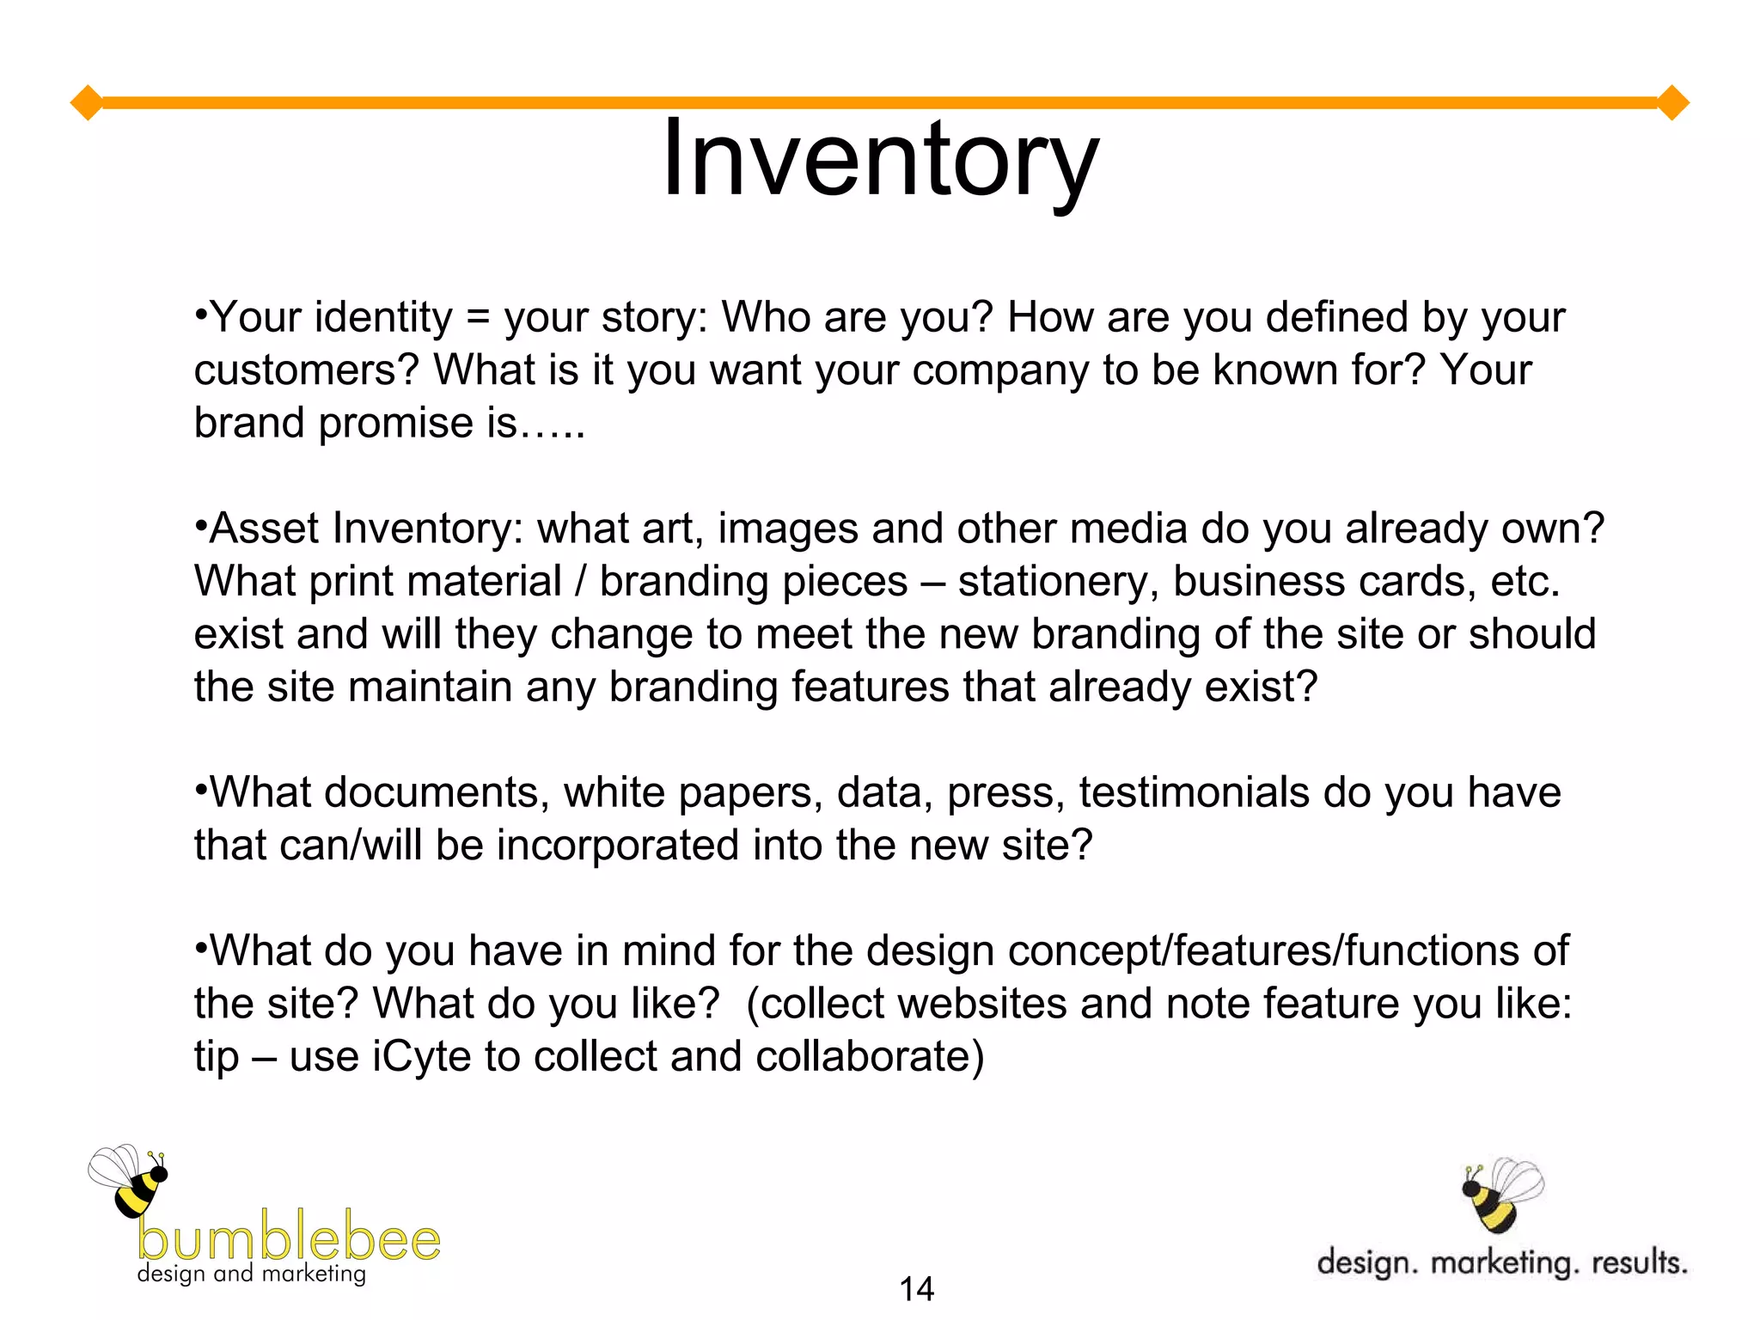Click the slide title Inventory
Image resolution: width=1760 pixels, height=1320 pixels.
click(x=880, y=161)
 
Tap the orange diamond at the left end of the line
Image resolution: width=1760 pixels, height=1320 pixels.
click(x=87, y=103)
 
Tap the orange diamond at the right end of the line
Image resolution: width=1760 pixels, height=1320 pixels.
click(x=1672, y=103)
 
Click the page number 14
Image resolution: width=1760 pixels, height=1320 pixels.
click(x=916, y=1289)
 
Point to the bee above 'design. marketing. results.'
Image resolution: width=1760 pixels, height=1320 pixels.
click(x=1500, y=1195)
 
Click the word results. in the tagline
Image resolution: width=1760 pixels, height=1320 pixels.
click(x=1640, y=1262)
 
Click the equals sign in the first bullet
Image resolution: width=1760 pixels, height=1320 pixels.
click(x=478, y=318)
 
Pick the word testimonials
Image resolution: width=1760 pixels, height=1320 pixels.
click(x=1195, y=792)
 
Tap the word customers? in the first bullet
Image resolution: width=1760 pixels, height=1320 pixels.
click(x=306, y=370)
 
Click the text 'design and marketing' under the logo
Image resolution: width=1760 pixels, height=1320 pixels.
click(x=251, y=1274)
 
